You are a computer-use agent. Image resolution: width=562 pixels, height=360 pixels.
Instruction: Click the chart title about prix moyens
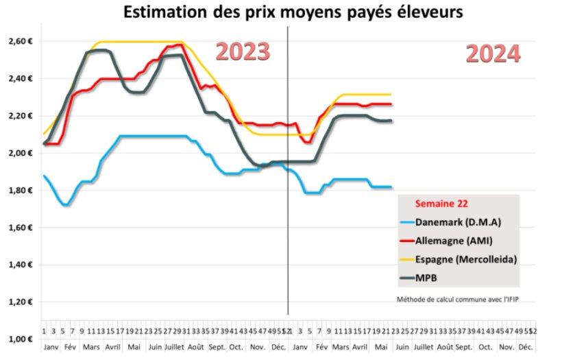287,12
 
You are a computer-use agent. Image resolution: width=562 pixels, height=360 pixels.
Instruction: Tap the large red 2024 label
493,54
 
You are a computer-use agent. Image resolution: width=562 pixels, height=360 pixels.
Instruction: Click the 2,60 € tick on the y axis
20,41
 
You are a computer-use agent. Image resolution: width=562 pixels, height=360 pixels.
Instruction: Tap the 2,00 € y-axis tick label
20,153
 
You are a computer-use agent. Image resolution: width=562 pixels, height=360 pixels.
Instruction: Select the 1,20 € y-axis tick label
20,302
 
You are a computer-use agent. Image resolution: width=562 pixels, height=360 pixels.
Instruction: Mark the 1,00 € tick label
20,339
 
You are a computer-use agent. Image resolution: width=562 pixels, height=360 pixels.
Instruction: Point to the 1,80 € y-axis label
20,190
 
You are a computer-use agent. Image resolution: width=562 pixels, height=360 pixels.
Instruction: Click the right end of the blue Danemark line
391,187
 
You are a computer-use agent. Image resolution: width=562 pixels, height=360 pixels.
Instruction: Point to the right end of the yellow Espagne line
391,95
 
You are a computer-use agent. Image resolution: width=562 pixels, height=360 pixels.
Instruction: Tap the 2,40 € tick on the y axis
20,78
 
